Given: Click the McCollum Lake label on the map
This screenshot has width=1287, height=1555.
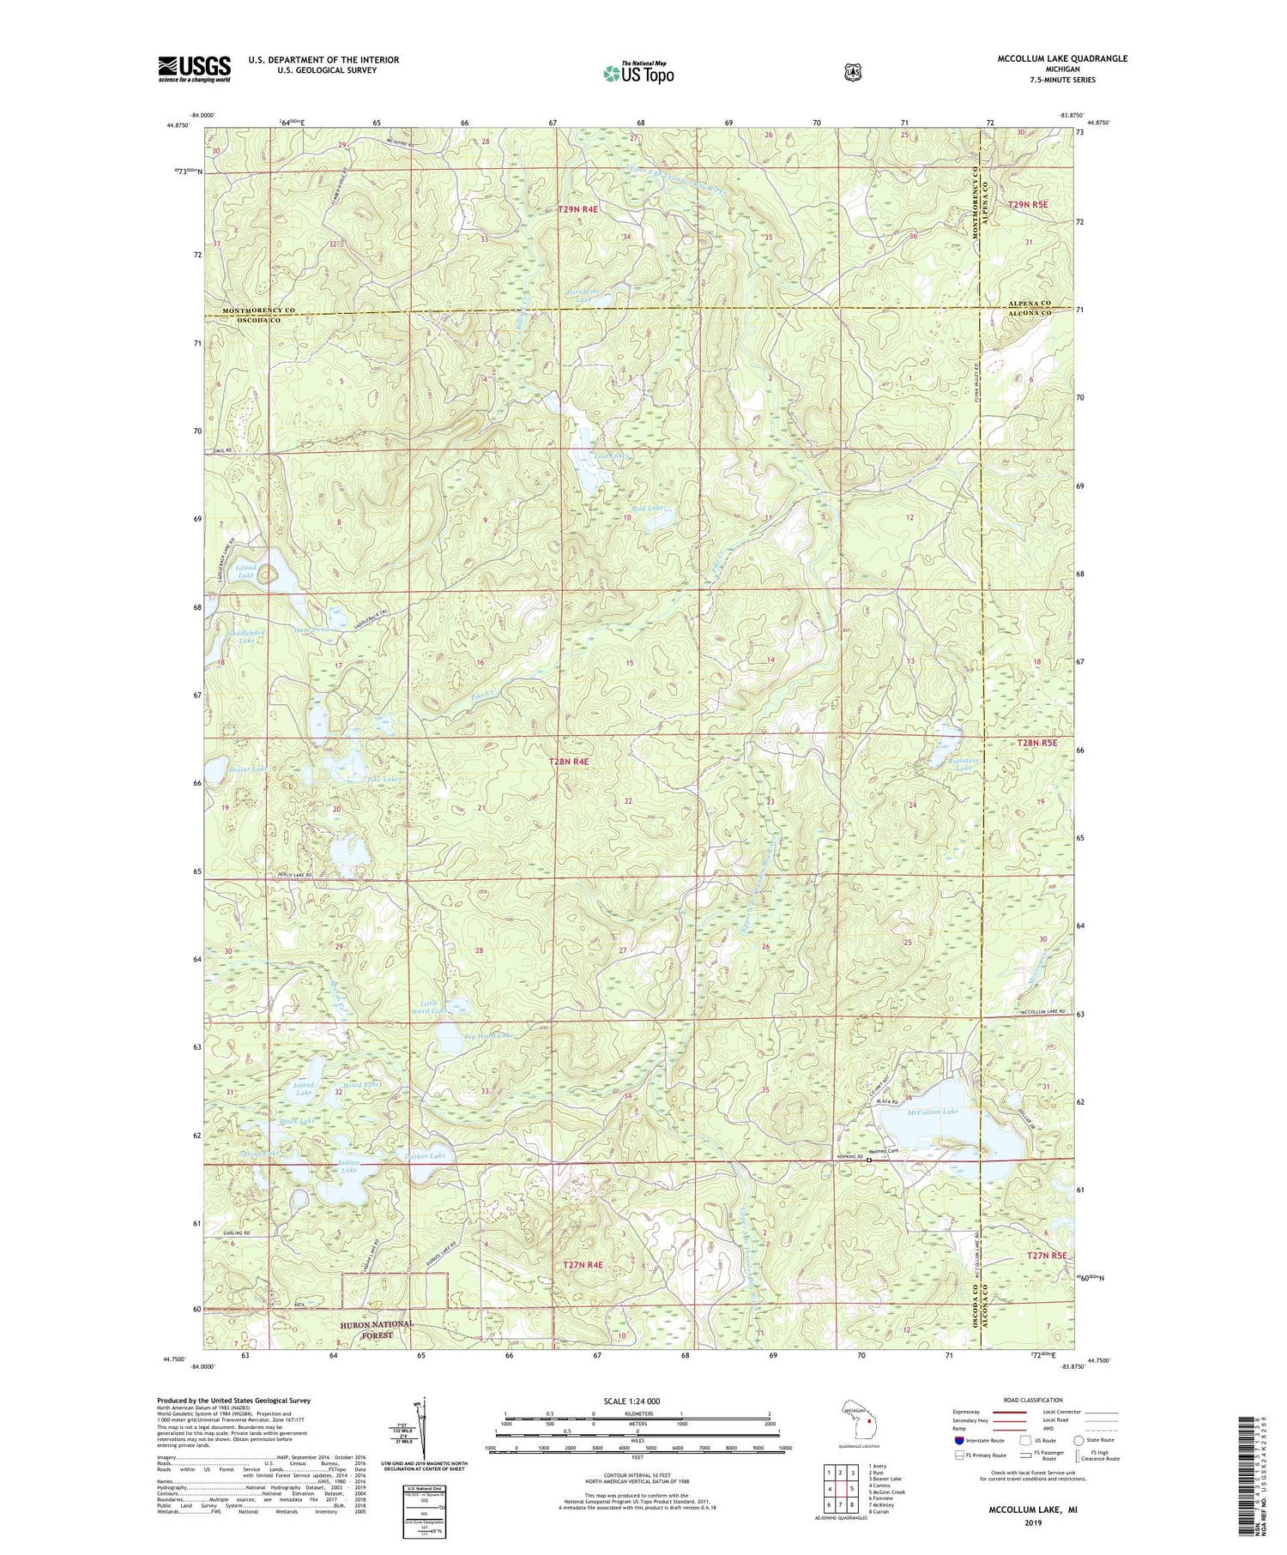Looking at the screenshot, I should (932, 1111).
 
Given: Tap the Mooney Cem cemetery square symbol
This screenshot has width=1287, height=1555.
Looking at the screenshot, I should (868, 1160).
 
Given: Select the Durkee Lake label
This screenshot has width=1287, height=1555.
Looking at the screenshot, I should (425, 1156).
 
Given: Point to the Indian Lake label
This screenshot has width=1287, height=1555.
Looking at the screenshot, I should (348, 1166).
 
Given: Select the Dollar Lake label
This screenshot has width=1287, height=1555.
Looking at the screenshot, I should (249, 768).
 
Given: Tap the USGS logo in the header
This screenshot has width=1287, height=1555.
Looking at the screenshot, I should (194, 68).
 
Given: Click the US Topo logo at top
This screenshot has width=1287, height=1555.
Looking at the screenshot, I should (637, 73).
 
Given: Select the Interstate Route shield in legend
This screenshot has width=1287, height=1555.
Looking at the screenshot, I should (958, 1440).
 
